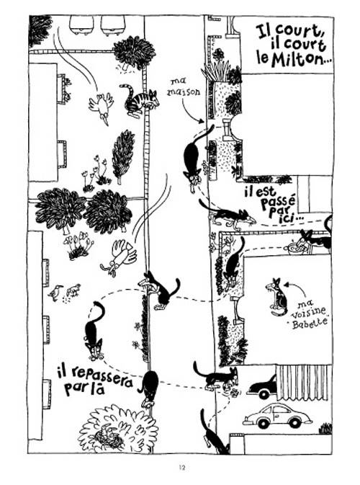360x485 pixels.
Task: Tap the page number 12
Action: click(182, 468)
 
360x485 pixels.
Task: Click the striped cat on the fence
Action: click(139, 99)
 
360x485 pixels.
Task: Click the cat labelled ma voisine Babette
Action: click(277, 297)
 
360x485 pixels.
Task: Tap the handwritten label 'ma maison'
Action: click(184, 87)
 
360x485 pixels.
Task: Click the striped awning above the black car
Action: click(303, 383)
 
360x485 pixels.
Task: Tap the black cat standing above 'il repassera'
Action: click(94, 332)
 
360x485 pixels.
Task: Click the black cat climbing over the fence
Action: click(160, 290)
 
